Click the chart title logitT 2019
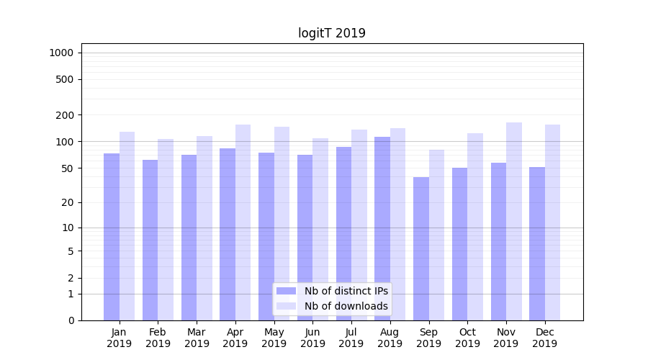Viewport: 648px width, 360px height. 332,33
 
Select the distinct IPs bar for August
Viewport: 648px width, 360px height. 382,228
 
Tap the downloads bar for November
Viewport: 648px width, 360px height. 514,221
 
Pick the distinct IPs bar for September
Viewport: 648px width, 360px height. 421,248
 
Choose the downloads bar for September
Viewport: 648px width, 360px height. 436,235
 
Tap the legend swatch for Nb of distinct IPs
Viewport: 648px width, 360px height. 286,291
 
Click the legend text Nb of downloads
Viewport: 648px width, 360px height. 346,306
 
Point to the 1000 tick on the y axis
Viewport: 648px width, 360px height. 61,53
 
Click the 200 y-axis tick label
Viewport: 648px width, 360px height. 65,115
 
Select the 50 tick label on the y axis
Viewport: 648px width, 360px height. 67,168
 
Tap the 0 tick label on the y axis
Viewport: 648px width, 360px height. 71,320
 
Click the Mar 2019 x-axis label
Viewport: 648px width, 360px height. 197,338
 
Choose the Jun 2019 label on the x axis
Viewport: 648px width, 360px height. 312,338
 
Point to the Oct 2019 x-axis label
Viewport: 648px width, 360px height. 467,338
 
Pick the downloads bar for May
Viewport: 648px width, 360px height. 282,223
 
